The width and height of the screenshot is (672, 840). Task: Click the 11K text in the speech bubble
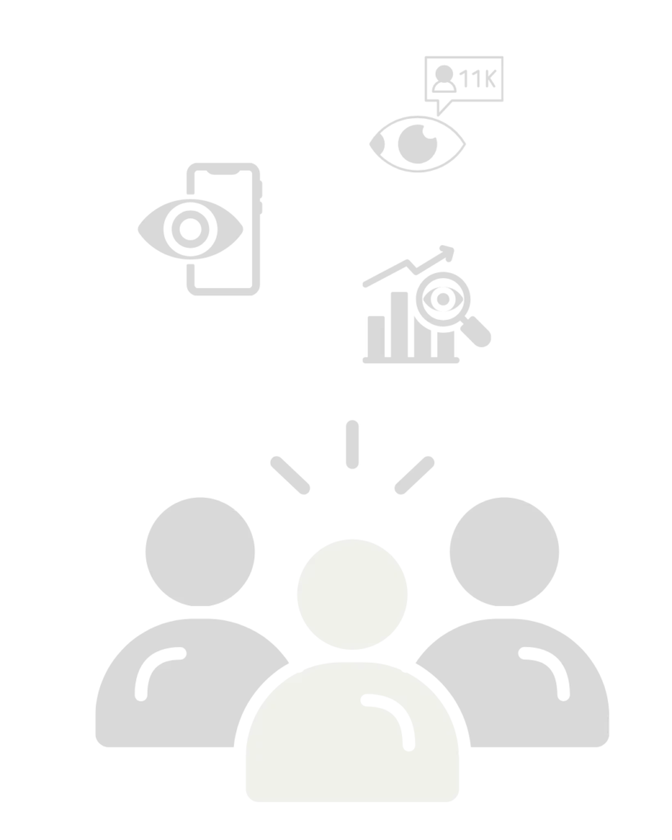pyautogui.click(x=478, y=78)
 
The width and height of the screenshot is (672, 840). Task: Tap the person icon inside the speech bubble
pyautogui.click(x=444, y=79)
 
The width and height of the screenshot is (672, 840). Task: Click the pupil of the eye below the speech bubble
pyautogui.click(x=418, y=144)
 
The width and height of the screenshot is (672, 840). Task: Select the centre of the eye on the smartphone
pyautogui.click(x=190, y=230)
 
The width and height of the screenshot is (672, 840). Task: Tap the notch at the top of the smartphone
pyautogui.click(x=223, y=172)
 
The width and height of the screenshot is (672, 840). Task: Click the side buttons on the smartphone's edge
pyautogui.click(x=261, y=198)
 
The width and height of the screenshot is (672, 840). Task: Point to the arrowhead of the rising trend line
pyautogui.click(x=447, y=253)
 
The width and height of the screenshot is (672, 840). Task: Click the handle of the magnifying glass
pyautogui.click(x=476, y=331)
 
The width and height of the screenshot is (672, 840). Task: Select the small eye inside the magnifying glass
pyautogui.click(x=442, y=299)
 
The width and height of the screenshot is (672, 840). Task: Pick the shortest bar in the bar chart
pyautogui.click(x=376, y=336)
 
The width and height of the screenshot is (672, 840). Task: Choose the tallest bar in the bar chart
pyautogui.click(x=400, y=325)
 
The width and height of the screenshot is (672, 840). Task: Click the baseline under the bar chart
pyautogui.click(x=411, y=361)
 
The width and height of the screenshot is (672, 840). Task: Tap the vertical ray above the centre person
pyautogui.click(x=352, y=445)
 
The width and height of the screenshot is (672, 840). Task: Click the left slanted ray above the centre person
pyautogui.click(x=290, y=475)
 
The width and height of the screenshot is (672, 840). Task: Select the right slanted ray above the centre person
pyautogui.click(x=414, y=475)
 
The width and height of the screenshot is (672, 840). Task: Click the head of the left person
pyautogui.click(x=200, y=552)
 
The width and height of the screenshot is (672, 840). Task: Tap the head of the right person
pyautogui.click(x=505, y=552)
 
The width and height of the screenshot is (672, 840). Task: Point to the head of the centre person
pyautogui.click(x=352, y=594)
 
